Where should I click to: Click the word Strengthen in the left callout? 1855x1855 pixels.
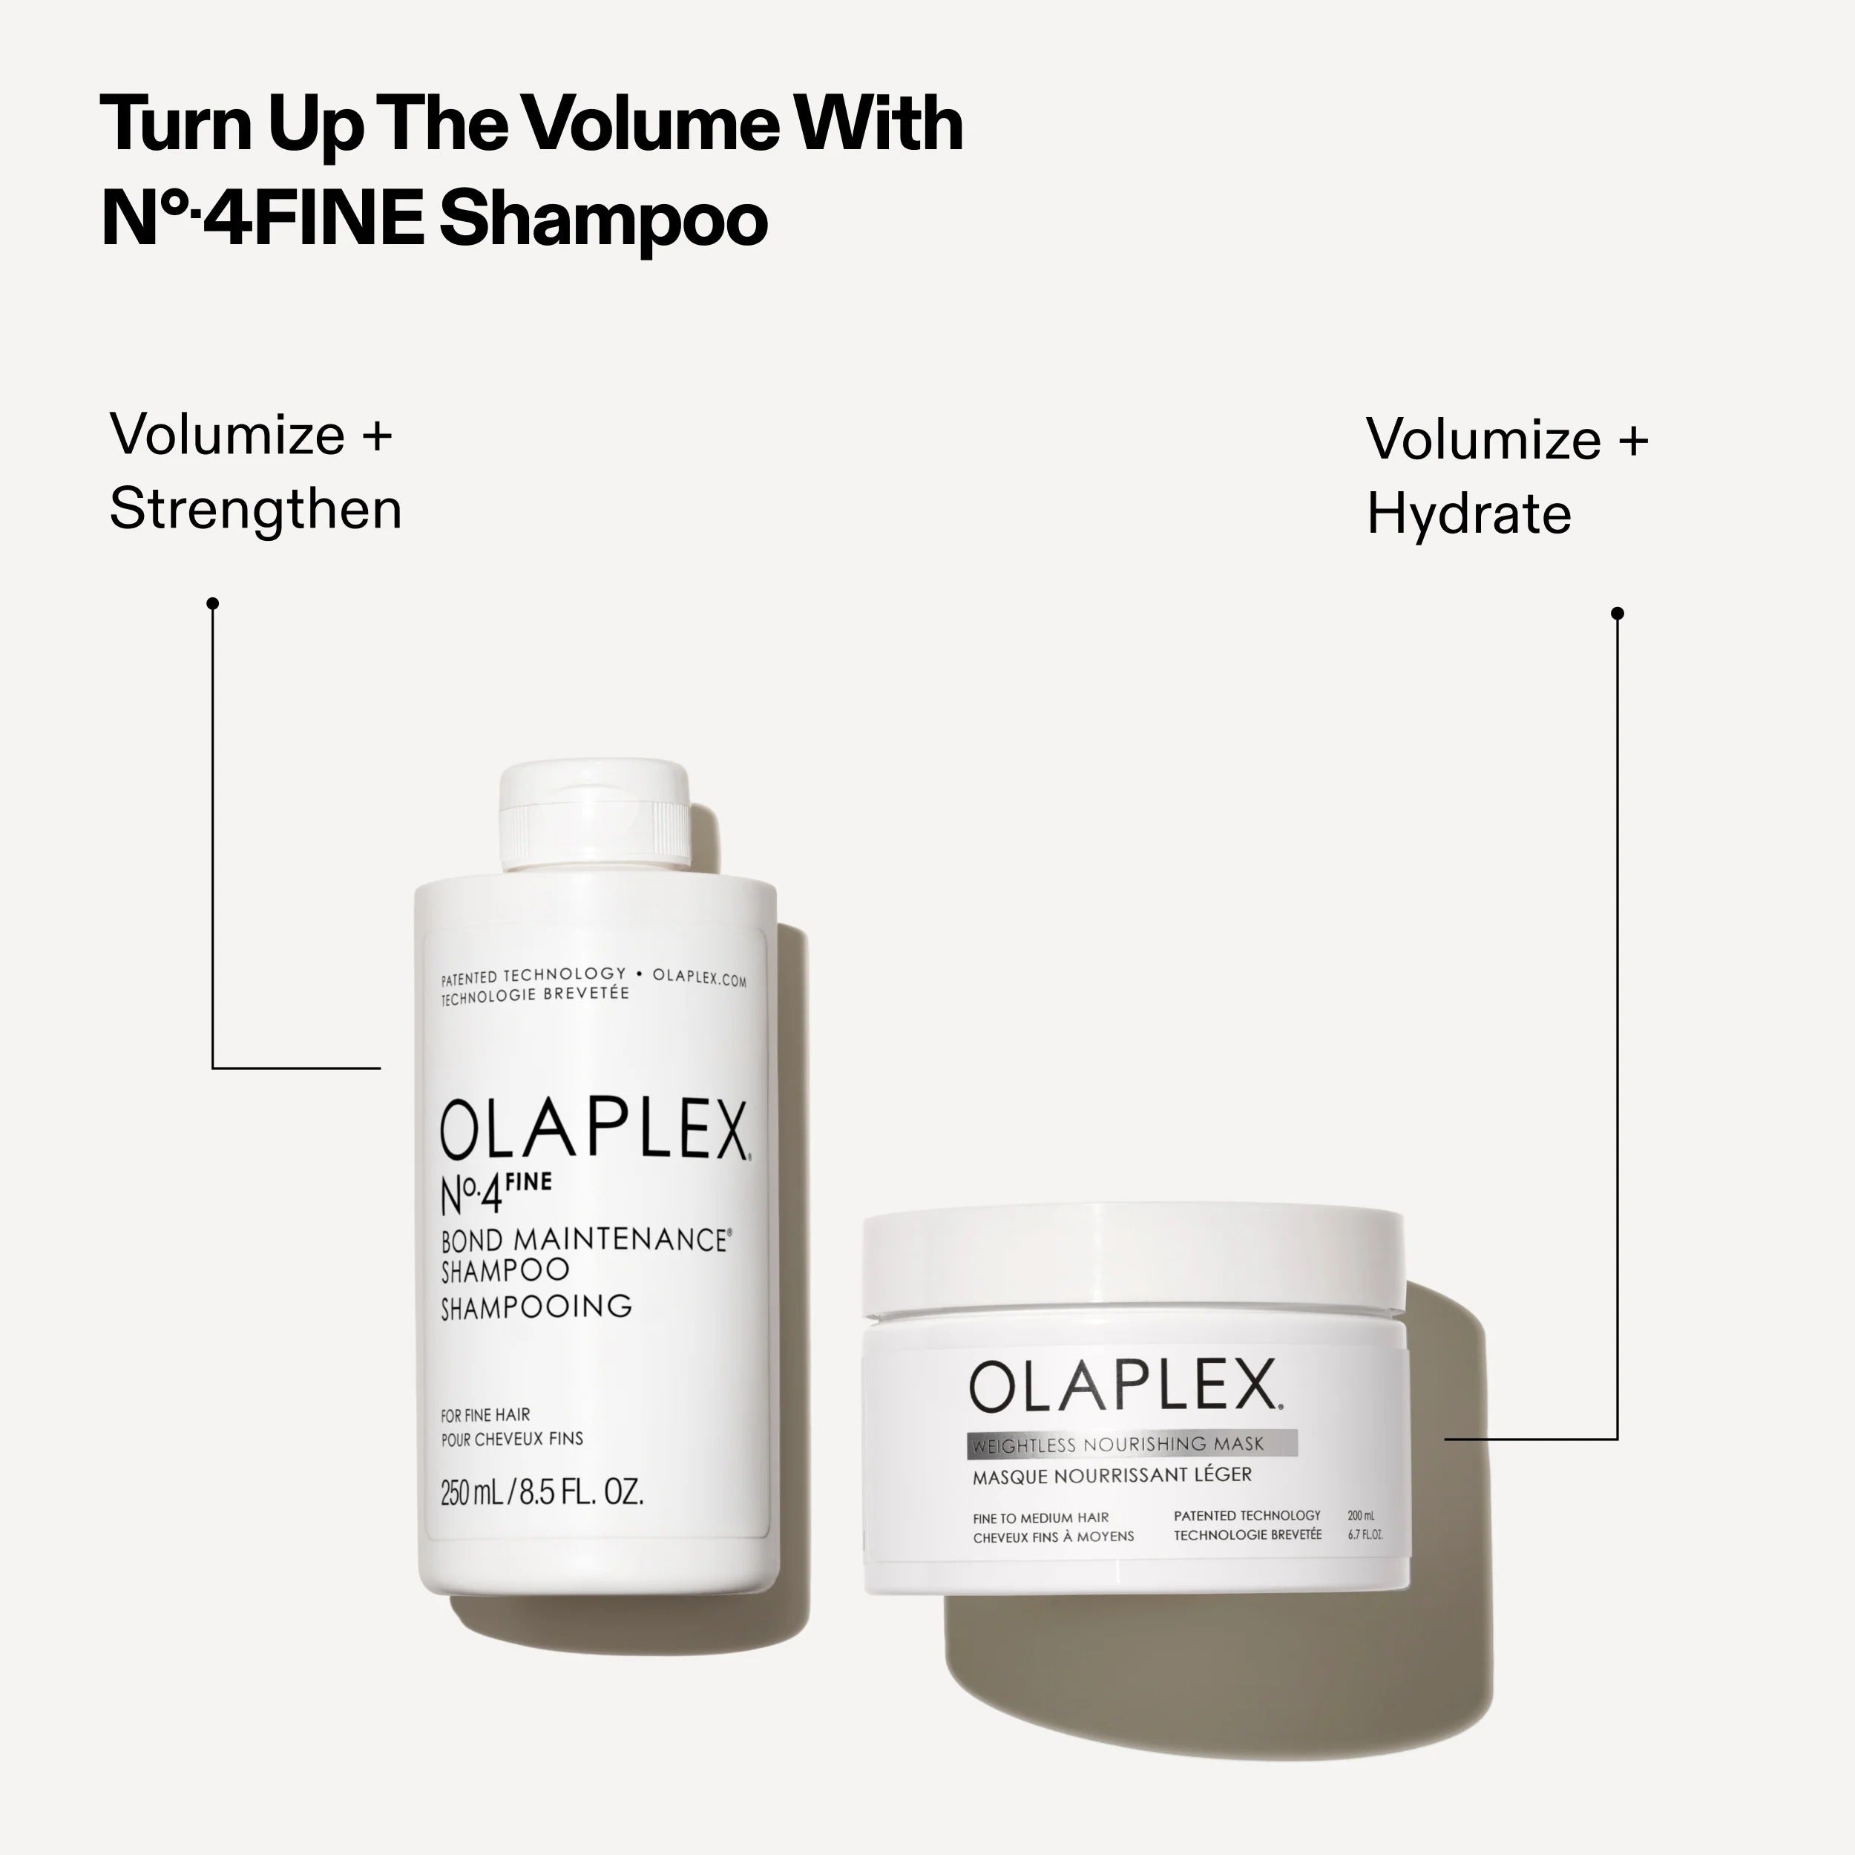tap(255, 509)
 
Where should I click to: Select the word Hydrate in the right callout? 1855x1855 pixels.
tap(1468, 515)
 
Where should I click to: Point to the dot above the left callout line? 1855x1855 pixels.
tap(213, 603)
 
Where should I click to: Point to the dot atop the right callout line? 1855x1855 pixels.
tap(1617, 613)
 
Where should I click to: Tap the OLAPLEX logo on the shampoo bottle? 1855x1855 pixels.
tap(594, 1130)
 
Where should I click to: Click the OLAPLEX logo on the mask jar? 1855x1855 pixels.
tap(1123, 1387)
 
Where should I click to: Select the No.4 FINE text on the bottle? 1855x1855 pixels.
tap(494, 1192)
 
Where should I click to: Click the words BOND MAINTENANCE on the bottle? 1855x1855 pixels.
tap(584, 1240)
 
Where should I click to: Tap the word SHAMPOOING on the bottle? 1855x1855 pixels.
tap(536, 1306)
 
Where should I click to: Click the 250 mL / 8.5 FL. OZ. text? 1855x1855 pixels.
tap(542, 1493)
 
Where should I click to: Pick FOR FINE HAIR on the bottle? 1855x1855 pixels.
tap(485, 1414)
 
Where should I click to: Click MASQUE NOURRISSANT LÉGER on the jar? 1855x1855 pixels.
tap(1112, 1475)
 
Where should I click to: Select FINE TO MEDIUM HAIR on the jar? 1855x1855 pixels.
tap(1041, 1518)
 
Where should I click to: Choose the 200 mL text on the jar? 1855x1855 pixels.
tap(1361, 1516)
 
